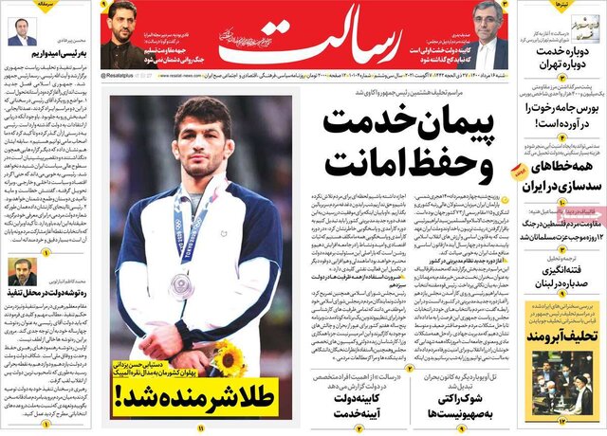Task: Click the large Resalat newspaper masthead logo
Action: point(285,36)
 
